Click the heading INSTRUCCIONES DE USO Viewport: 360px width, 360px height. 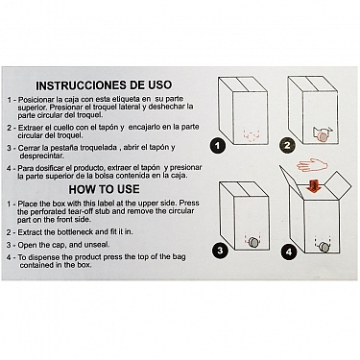(104, 85)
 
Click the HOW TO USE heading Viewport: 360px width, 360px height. (104, 189)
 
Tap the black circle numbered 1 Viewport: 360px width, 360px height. (218, 146)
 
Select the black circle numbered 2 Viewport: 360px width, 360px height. (287, 146)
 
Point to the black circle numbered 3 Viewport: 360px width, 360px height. (220, 251)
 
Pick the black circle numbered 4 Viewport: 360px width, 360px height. (289, 252)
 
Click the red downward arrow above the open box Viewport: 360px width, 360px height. (314, 186)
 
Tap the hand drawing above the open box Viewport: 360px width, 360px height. (312, 165)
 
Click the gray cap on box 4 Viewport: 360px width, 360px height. (324, 248)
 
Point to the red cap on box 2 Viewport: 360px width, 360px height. (323, 137)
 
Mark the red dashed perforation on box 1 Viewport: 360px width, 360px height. (251, 135)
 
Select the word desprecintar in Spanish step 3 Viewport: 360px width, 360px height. (41, 156)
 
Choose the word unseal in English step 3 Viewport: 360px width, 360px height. (97, 245)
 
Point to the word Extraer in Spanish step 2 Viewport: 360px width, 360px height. (29, 128)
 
